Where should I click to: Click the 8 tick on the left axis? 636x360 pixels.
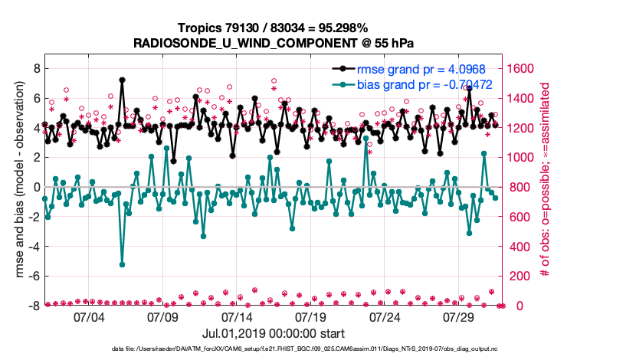(x=35, y=68)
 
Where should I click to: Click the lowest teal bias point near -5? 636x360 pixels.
(x=122, y=264)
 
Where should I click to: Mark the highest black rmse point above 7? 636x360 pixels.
(x=122, y=80)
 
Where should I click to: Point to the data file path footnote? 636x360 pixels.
(x=316, y=349)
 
